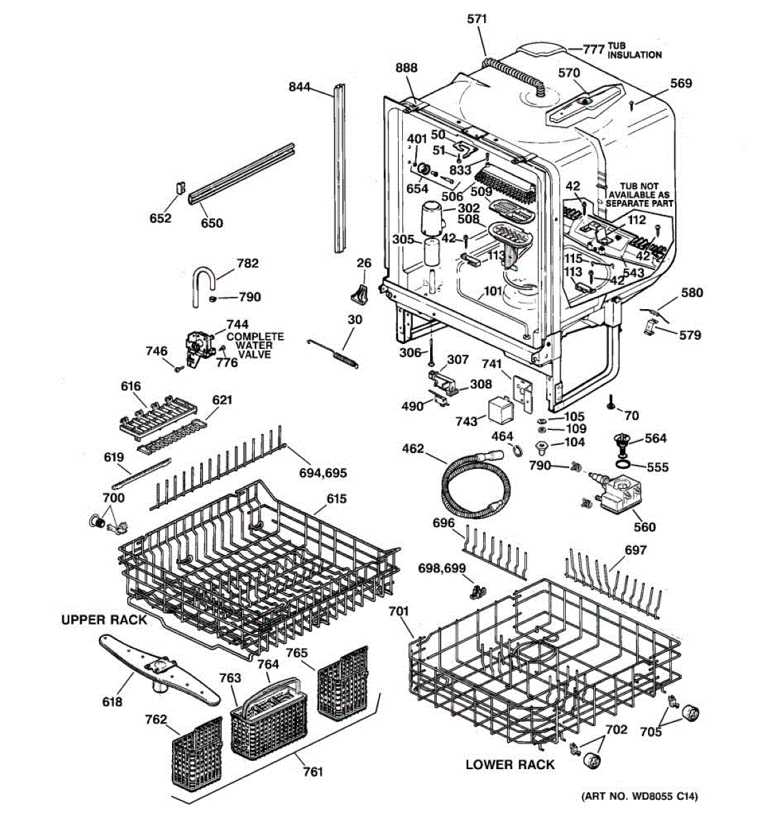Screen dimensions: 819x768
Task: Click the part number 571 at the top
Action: pos(477,19)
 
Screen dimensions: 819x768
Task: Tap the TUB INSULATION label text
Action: pos(634,50)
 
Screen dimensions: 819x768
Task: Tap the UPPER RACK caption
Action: pos(104,620)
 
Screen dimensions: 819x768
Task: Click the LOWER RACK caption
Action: pos(510,764)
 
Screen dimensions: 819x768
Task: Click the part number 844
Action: pos(300,87)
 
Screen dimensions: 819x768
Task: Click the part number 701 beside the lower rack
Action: pos(399,612)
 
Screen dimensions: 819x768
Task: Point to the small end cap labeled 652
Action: pos(180,188)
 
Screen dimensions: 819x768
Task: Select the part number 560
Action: pos(644,527)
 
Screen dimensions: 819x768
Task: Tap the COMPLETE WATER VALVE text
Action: pos(255,345)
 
